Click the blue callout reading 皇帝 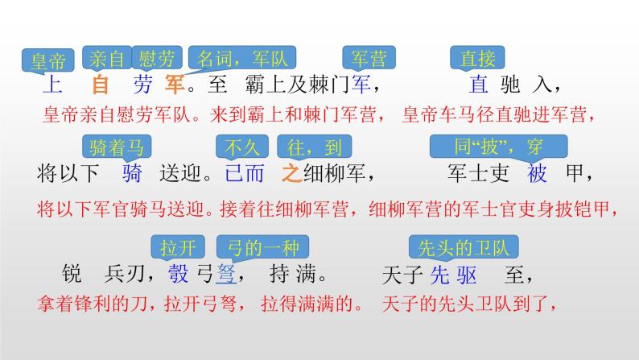click(x=48, y=60)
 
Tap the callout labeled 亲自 click(x=107, y=58)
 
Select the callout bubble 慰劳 click(x=157, y=58)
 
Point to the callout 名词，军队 click(x=242, y=58)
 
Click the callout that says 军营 click(x=369, y=58)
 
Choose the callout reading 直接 click(x=477, y=58)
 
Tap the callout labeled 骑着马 click(x=117, y=147)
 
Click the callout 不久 click(x=242, y=147)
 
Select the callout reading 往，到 click(x=314, y=147)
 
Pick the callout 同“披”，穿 click(x=498, y=147)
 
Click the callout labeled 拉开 click(x=178, y=247)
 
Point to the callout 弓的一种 click(x=263, y=247)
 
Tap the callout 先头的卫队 click(x=464, y=247)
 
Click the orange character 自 click(x=101, y=85)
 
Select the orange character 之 click(x=291, y=173)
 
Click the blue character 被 click(x=537, y=173)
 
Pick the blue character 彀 click(x=179, y=274)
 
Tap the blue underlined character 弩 click(x=226, y=274)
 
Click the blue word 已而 click(x=244, y=173)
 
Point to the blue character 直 click(x=478, y=85)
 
